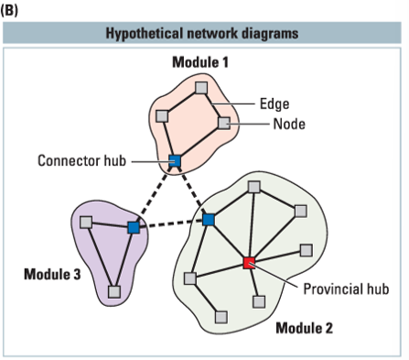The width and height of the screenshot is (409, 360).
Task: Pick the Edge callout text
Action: (275, 104)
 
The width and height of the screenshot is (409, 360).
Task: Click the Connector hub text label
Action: (80, 161)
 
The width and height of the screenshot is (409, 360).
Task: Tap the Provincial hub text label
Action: (345, 289)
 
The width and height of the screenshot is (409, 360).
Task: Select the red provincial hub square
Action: (249, 264)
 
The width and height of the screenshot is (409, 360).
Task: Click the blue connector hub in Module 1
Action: (174, 162)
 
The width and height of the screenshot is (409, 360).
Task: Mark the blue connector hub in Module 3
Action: (134, 226)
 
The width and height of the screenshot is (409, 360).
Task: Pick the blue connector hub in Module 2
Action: (209, 220)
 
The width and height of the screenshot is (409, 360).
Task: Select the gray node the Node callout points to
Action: (224, 123)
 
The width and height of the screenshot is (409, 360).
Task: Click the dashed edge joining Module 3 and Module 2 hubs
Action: (171, 224)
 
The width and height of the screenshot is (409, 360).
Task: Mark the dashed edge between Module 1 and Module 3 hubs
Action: (154, 194)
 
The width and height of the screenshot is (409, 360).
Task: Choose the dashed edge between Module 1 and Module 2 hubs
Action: (191, 191)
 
